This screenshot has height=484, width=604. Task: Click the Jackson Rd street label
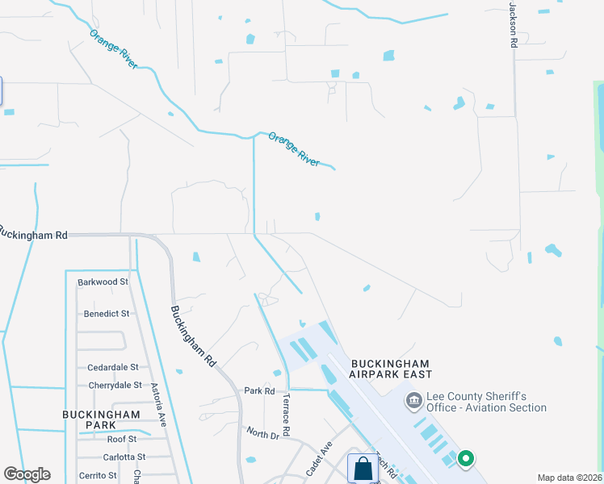click(x=512, y=24)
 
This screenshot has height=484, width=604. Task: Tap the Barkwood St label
click(x=103, y=282)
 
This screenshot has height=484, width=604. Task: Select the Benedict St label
click(x=106, y=314)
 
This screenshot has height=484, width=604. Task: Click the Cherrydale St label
click(x=115, y=386)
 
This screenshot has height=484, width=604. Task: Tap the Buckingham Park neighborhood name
click(x=101, y=419)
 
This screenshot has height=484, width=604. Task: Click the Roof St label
click(x=121, y=440)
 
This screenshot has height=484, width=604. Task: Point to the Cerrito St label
click(x=98, y=476)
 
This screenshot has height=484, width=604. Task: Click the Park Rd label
click(x=260, y=391)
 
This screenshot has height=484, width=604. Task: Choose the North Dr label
click(x=262, y=435)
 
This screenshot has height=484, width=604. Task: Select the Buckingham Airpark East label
click(x=391, y=369)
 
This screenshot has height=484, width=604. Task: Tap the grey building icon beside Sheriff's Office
click(x=414, y=399)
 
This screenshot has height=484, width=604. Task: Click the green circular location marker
click(x=465, y=459)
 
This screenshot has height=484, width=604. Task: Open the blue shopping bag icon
click(x=362, y=468)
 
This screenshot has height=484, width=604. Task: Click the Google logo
click(x=27, y=474)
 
